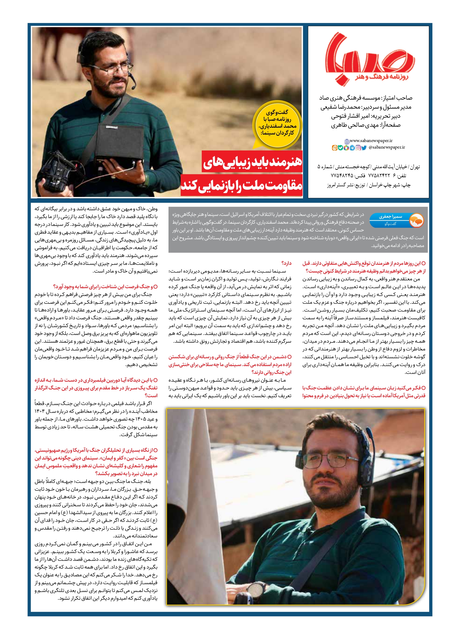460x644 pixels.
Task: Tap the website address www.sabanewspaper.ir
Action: pyautogui.click(x=371, y=141)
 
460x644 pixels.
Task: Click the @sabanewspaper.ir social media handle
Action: pyautogui.click(x=387, y=147)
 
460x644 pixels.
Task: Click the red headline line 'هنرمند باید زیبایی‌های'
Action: pyautogui.click(x=252, y=162)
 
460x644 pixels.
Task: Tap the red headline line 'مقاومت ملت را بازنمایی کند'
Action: pyautogui.click(x=242, y=185)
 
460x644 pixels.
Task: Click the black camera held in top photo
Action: pyautogui.click(x=58, y=173)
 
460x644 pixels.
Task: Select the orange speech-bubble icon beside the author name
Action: pyautogui.click(x=416, y=220)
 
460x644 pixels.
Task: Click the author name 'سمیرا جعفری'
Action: pyautogui.click(x=390, y=217)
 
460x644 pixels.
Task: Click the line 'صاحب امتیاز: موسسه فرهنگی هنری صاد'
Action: pyautogui.click(x=366, y=98)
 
